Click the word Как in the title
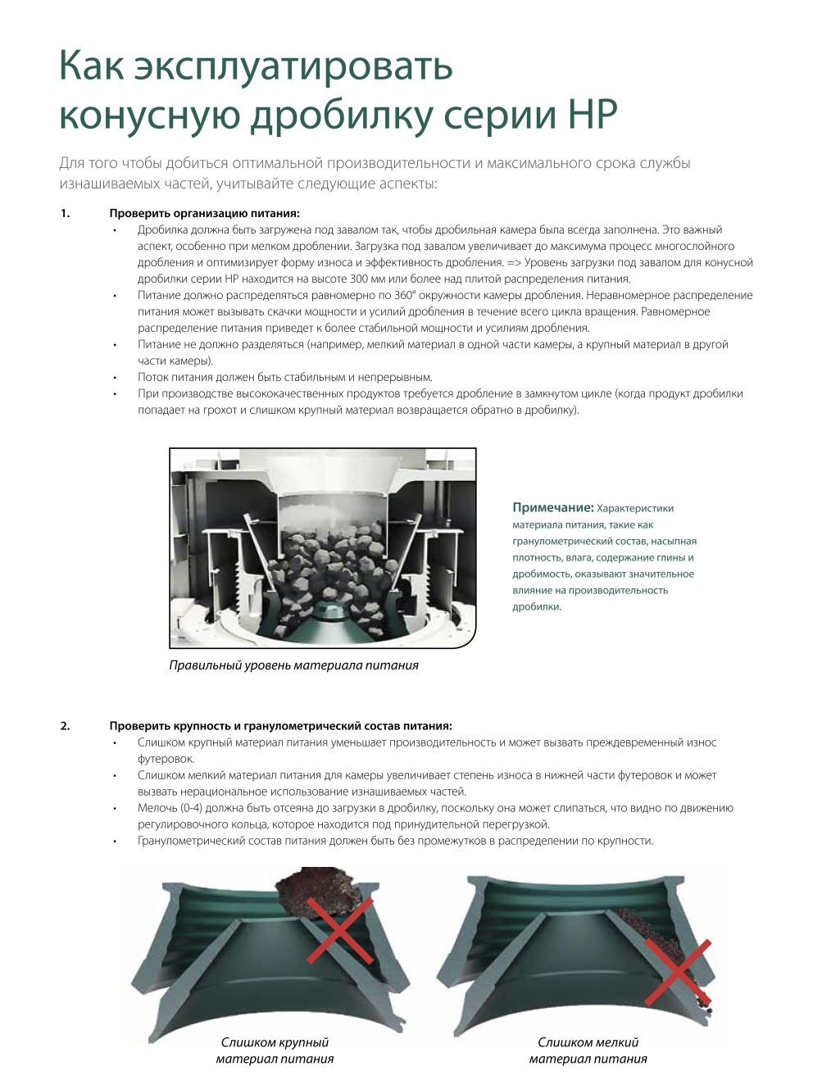(x=92, y=65)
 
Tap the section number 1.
(x=66, y=213)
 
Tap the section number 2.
(x=66, y=725)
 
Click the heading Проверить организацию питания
(x=204, y=214)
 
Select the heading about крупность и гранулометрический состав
(x=280, y=726)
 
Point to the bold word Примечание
(x=553, y=507)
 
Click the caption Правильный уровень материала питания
(x=293, y=665)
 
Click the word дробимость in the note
(x=542, y=574)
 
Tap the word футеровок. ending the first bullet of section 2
(x=166, y=759)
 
